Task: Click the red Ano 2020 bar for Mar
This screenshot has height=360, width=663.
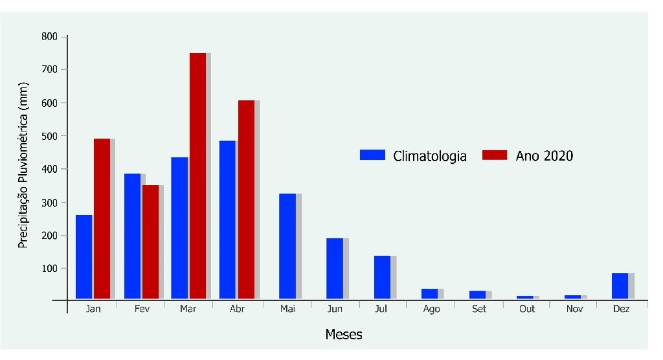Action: [197, 175]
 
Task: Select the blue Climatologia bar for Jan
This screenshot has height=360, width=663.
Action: [84, 256]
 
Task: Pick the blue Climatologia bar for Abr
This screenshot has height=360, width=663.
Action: [228, 219]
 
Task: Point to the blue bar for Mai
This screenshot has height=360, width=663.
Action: [287, 246]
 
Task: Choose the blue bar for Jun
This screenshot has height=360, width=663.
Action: [335, 268]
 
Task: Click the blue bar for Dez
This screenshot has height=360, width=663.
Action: [620, 286]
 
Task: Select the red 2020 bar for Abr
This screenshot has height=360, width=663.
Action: [246, 199]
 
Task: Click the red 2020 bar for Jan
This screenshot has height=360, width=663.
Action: [102, 218]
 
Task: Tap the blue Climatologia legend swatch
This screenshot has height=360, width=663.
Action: [372, 155]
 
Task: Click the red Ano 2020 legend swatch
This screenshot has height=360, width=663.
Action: [495, 155]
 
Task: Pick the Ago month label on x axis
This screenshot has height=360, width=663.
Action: [431, 309]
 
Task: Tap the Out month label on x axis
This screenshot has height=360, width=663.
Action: [527, 309]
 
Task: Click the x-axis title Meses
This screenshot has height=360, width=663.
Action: [344, 335]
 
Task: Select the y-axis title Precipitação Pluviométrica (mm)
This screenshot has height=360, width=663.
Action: [23, 165]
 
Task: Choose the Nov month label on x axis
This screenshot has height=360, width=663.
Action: [575, 309]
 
